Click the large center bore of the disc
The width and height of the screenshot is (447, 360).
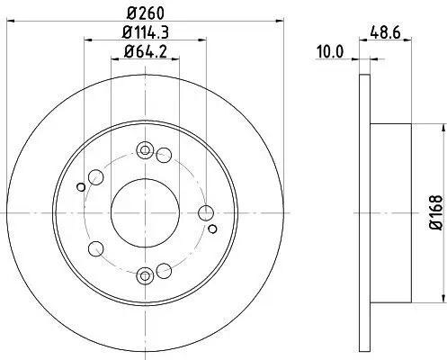tap(144, 212)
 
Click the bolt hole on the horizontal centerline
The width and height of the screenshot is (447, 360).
tap(205, 212)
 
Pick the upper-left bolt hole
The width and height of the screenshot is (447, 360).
tap(94, 175)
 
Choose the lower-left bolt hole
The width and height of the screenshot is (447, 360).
tap(94, 250)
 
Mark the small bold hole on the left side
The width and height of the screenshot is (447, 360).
tap(81, 186)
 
